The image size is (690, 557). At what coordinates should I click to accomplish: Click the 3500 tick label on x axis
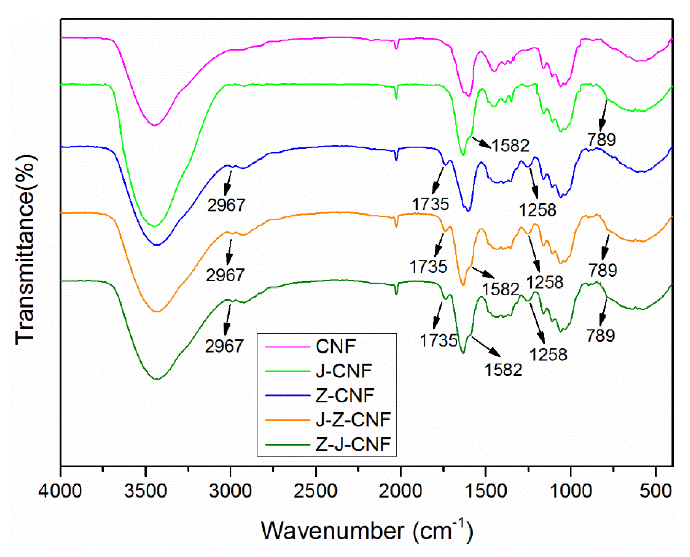146,491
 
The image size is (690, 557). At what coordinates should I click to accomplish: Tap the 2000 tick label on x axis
400,491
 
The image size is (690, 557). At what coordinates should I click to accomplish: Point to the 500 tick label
656,491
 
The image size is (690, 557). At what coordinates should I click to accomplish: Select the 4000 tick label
60,491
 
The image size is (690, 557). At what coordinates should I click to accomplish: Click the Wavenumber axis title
366,531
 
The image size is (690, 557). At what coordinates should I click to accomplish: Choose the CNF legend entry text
336,347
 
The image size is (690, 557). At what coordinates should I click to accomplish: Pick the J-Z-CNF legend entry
353,420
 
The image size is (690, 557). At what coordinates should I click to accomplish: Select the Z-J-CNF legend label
353,444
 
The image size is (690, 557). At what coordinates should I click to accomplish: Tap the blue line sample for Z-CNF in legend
288,395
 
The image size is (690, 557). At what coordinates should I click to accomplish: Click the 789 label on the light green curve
601,140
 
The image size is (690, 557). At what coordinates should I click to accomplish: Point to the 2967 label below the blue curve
226,205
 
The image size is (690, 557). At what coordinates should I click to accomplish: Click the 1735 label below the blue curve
430,204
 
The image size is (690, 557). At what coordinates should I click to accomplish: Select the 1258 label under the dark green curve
548,354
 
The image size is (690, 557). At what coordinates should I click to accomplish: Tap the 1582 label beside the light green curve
510,146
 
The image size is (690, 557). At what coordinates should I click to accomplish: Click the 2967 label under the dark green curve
224,346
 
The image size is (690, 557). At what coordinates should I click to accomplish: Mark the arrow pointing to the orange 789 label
606,247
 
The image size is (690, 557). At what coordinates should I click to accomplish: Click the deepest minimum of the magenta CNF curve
155,125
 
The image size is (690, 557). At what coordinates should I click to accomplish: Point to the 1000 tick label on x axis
571,491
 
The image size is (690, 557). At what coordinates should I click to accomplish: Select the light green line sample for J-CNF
288,371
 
